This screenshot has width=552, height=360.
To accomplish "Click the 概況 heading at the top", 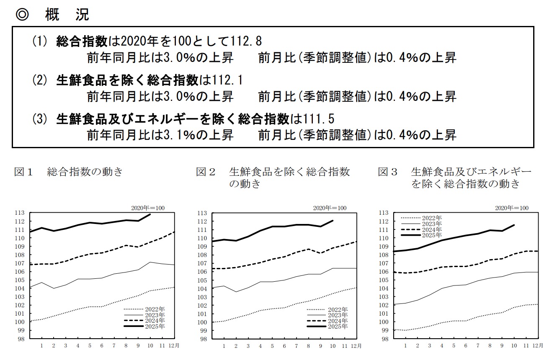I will (x=67, y=15).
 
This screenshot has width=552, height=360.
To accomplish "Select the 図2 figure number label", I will (x=206, y=172).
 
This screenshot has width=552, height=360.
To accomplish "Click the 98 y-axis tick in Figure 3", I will (x=384, y=339).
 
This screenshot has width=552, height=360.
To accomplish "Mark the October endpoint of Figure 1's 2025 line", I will (x=150, y=214).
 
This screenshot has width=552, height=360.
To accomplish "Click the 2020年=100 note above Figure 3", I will (x=511, y=208).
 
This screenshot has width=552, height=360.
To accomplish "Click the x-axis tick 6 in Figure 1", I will (x=102, y=346).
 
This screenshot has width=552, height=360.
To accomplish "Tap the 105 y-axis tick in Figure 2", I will (x=203, y=280).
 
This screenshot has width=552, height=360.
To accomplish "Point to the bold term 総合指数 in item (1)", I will (x=82, y=41).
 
